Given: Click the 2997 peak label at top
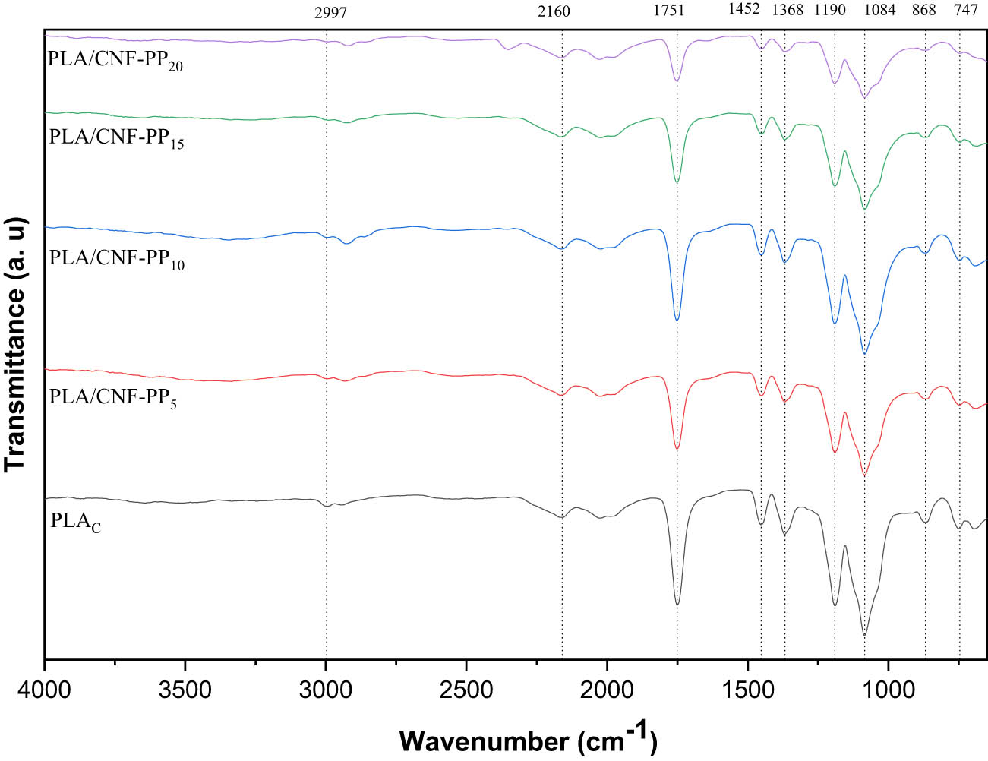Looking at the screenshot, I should [330, 12].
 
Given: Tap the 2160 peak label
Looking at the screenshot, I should [554, 11].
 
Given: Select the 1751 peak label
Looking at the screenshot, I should [668, 11].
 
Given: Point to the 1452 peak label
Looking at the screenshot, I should [744, 9].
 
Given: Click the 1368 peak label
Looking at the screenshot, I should [788, 11].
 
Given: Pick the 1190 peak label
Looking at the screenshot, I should [829, 11].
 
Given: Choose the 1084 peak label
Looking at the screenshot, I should [880, 11].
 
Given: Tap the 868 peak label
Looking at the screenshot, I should [924, 11].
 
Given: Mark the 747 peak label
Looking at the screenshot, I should [966, 11].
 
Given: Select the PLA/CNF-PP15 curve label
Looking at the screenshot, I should [116, 138].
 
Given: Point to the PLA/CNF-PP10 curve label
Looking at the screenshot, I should [116, 259].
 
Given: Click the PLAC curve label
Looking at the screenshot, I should [75, 523].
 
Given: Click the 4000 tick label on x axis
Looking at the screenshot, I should [46, 692].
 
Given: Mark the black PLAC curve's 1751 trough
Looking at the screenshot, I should [677, 604].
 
